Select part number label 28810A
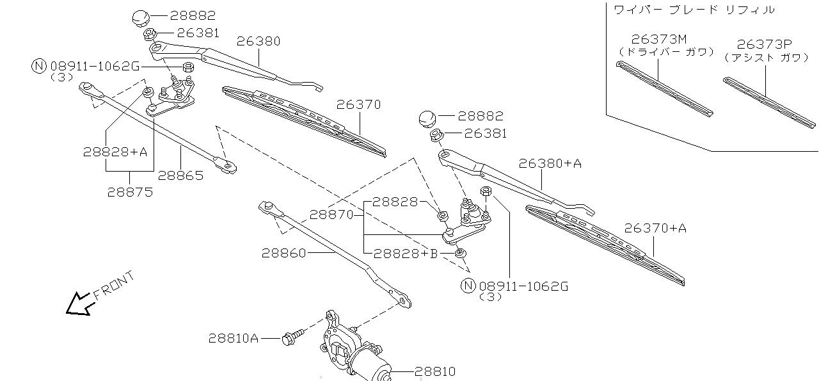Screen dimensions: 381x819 point(233,337)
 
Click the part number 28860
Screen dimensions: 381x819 point(283,253)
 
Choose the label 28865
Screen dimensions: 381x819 point(181,175)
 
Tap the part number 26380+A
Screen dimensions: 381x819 point(550,163)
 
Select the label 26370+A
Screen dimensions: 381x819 point(655,227)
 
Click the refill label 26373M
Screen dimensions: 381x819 point(658,40)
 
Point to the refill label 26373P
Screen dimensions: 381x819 point(765,44)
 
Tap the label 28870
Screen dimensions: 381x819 point(331,214)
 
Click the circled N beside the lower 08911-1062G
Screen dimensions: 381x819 point(469,286)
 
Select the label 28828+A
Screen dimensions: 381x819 point(115,152)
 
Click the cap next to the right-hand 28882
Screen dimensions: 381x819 point(427,118)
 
